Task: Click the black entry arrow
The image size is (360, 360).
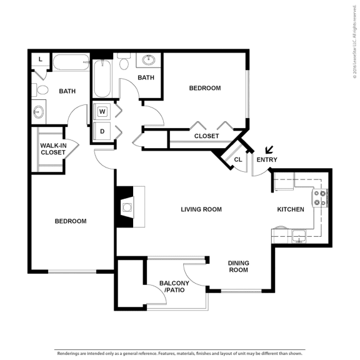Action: pos(269,150)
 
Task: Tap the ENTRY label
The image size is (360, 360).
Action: pos(266,160)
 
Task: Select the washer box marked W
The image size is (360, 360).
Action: pos(102,112)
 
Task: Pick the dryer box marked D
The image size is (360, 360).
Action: pos(102,131)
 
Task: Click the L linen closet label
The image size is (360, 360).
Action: pos(41,59)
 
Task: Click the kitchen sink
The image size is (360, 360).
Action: pos(299,236)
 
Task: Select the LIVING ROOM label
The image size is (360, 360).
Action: pos(201,209)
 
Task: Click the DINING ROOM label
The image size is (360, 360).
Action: pos(237,266)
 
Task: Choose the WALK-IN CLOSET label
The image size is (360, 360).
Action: pos(54,149)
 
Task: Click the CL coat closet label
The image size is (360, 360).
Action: pos(237,160)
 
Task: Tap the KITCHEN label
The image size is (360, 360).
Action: pos(291,209)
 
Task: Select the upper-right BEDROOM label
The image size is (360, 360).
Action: pos(205,88)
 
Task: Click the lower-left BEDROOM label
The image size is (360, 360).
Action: pos(70,221)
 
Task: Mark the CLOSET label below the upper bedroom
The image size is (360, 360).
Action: pos(206,136)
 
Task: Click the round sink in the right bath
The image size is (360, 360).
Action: pos(149,61)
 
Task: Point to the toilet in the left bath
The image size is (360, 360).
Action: pos(41,89)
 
